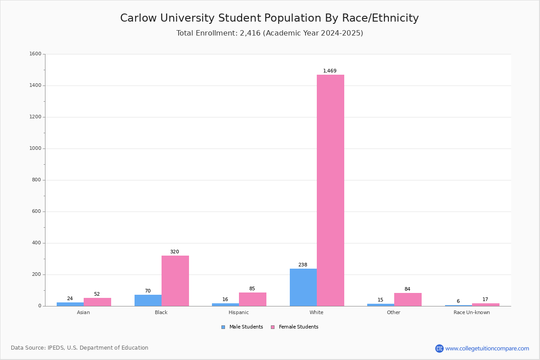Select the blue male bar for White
(x=303, y=288)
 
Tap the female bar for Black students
(x=175, y=281)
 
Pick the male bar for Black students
(x=148, y=301)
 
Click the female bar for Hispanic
(x=252, y=299)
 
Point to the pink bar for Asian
(x=97, y=302)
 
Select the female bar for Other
(x=408, y=300)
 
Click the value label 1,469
(x=330, y=71)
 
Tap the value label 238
(x=303, y=265)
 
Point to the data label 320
(x=175, y=252)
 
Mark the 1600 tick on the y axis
(x=35, y=54)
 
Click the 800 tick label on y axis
(x=36, y=180)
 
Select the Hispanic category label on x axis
(x=238, y=313)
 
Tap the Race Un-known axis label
(x=472, y=313)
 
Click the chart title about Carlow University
(x=269, y=18)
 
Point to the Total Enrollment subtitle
(x=269, y=33)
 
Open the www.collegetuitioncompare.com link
(x=487, y=348)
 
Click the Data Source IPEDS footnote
(x=80, y=348)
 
